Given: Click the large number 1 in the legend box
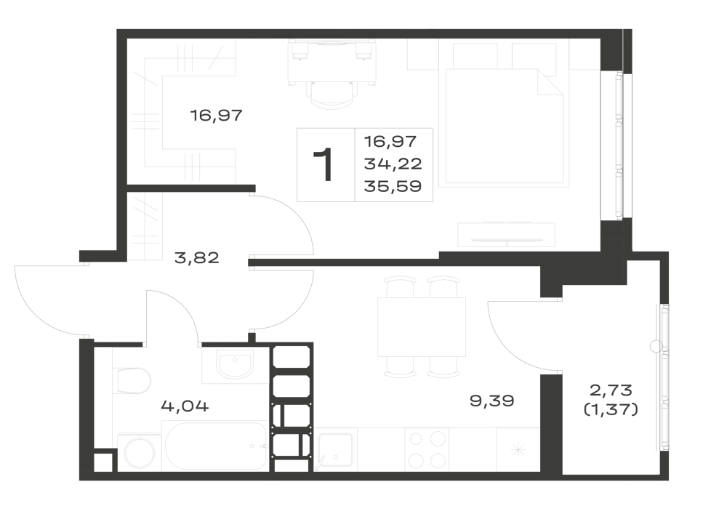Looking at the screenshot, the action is [x=324, y=164].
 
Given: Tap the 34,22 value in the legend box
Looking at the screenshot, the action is [x=393, y=164].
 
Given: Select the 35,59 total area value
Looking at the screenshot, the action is [x=393, y=186].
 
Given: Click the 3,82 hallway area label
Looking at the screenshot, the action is [x=196, y=257].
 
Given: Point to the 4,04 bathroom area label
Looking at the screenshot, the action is [x=185, y=406].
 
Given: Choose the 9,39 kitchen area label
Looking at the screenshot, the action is [x=492, y=401].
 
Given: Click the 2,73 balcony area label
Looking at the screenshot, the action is [x=611, y=390].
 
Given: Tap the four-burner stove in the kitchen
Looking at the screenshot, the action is [x=426, y=449].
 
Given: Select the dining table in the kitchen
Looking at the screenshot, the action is [x=422, y=327].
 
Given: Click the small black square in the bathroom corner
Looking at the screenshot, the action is [x=104, y=461].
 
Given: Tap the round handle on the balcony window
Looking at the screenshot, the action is [x=656, y=346].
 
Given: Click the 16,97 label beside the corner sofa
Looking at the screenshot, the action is [x=217, y=115].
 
